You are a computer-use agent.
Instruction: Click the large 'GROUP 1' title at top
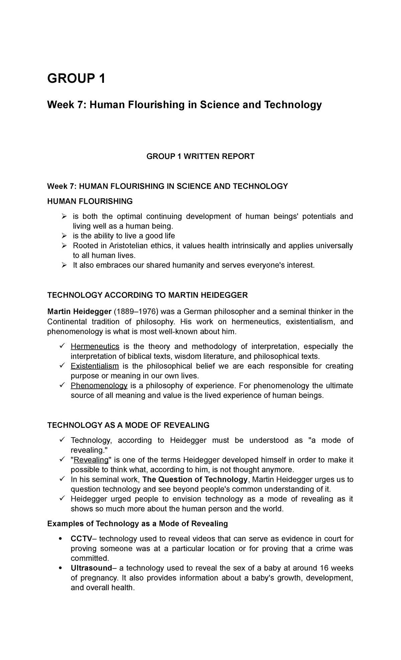click(76, 79)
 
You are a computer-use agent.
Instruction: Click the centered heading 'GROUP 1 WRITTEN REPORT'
click(200, 156)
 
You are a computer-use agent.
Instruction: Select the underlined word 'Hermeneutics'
click(95, 346)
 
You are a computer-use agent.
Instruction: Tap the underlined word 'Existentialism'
click(95, 366)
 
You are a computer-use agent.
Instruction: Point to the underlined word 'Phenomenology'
click(99, 386)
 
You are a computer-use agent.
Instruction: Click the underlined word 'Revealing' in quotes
click(91, 460)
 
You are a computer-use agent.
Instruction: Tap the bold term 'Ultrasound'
click(91, 568)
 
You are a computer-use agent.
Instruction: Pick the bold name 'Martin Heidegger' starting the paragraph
click(79, 312)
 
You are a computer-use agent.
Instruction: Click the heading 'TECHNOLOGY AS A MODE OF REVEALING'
click(128, 425)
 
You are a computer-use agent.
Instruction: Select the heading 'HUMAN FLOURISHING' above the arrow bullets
click(90, 201)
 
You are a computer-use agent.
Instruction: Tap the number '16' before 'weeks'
click(325, 568)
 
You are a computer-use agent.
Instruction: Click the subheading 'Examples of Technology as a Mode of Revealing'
click(138, 523)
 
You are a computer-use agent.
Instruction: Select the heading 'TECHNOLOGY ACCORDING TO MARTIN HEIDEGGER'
click(148, 295)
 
